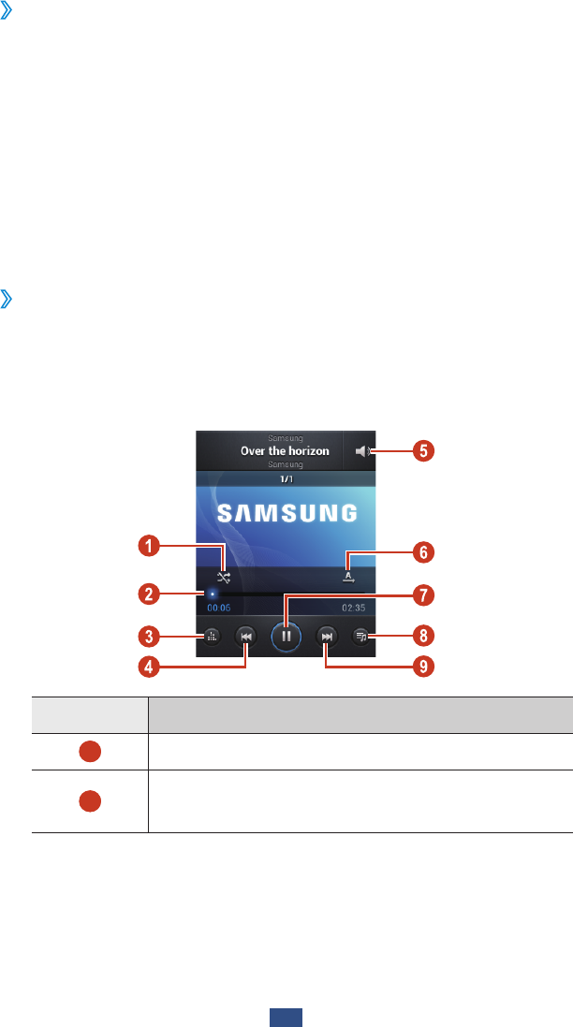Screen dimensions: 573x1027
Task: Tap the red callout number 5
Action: click(423, 451)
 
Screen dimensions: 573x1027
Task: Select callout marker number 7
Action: click(423, 594)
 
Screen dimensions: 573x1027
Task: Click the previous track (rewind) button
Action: click(245, 637)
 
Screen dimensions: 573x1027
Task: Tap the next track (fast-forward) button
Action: click(326, 637)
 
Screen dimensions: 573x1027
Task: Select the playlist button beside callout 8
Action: click(360, 637)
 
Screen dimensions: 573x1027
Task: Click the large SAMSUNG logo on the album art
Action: click(287, 513)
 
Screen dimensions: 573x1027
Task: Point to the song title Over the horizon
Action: click(285, 451)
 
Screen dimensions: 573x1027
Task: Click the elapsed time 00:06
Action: click(219, 608)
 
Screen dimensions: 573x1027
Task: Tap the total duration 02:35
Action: click(353, 608)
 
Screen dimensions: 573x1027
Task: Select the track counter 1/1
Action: click(285, 477)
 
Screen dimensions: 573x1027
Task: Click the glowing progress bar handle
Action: click(213, 593)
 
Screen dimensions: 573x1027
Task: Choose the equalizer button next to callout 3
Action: click(212, 637)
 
